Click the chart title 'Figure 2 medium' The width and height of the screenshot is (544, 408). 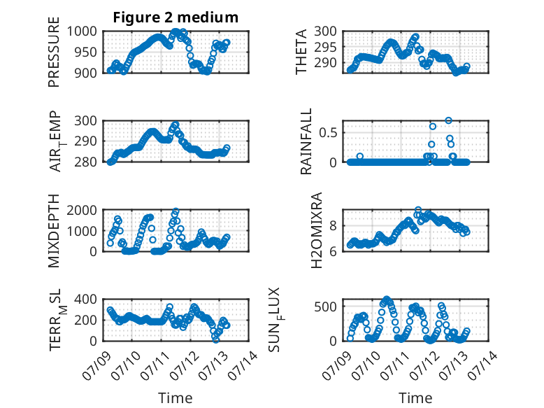click(x=176, y=17)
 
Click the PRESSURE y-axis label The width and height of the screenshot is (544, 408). click(x=54, y=52)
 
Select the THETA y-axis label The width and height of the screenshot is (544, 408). click(x=301, y=52)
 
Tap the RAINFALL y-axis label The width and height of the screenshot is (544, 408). click(x=306, y=141)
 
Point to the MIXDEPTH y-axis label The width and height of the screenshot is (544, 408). click(x=54, y=230)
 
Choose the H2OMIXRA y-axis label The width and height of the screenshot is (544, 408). click(x=317, y=230)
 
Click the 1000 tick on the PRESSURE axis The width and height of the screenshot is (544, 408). click(x=82, y=31)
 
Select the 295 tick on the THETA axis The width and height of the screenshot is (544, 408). click(x=325, y=47)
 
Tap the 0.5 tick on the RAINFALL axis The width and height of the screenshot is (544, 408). click(x=328, y=133)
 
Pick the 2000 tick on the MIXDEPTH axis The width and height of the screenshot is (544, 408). click(x=82, y=210)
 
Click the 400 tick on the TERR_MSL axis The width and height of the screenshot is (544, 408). click(x=86, y=300)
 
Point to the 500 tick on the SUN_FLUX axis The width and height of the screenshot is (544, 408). click(x=325, y=307)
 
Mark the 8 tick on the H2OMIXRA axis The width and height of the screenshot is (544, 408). click(x=333, y=226)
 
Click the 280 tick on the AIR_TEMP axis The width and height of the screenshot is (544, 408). click(x=86, y=162)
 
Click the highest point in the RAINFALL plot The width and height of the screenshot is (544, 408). click(x=449, y=120)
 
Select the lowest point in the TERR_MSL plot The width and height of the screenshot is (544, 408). click(x=216, y=339)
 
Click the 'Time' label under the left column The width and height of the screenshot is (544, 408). click(x=176, y=398)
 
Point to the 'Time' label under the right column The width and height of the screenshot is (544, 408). click(x=415, y=398)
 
